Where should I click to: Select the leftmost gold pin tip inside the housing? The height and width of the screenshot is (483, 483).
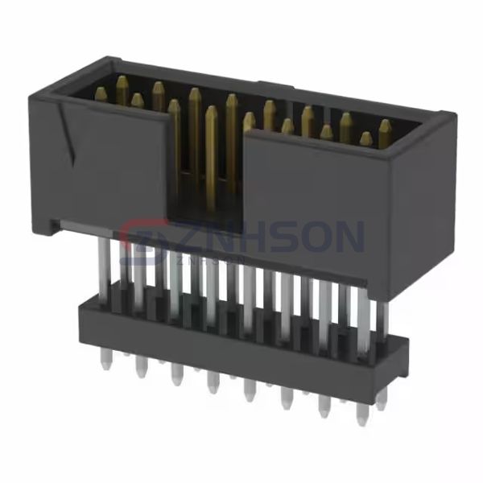[100, 94]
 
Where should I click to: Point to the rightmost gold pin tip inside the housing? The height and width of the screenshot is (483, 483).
[385, 127]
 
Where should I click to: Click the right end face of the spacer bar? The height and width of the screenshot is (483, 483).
[398, 366]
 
